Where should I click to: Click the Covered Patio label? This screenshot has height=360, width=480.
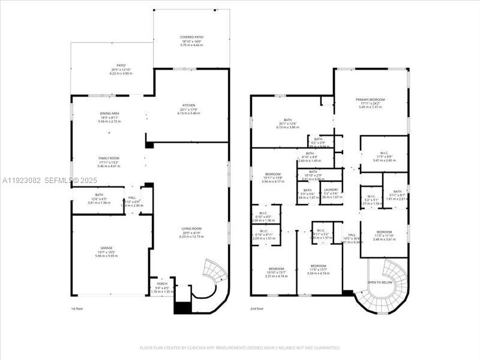[191, 37]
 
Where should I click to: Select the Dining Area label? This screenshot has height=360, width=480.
[110, 113]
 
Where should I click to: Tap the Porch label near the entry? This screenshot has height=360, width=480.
[162, 284]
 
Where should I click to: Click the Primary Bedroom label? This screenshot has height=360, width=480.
[370, 100]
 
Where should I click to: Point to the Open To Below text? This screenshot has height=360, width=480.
[380, 282]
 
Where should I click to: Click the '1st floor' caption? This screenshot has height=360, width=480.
[77, 308]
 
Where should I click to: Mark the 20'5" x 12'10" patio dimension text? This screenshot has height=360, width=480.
[121, 73]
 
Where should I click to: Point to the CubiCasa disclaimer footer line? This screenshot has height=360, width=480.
[240, 347]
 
